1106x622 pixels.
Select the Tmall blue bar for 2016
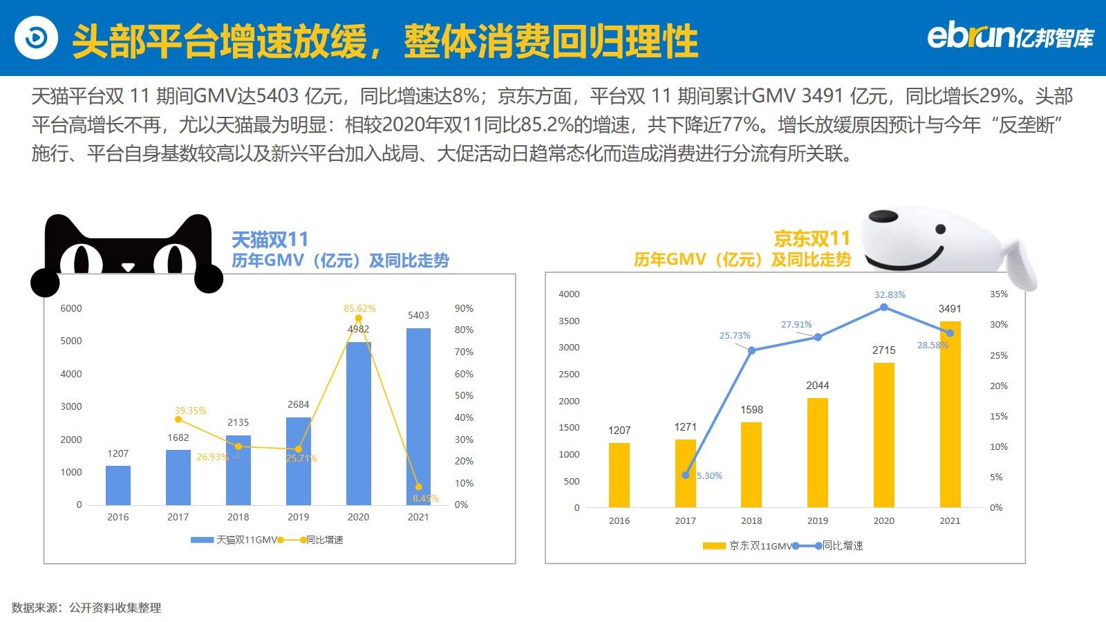[118, 485]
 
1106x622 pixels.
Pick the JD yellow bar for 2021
[950, 415]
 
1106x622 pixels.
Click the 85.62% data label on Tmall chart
[359, 308]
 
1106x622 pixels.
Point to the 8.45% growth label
[425, 498]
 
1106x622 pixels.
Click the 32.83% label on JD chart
[890, 294]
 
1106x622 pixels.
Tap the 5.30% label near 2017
[709, 475]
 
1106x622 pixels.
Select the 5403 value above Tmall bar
[418, 315]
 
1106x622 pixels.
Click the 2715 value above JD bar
[883, 350]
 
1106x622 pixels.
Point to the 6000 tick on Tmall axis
[71, 308]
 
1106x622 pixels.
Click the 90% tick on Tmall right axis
[464, 308]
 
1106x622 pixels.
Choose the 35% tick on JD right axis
[999, 294]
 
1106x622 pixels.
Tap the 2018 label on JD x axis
[751, 520]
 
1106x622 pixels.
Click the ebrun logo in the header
[1010, 37]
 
